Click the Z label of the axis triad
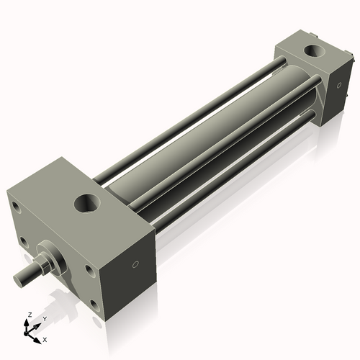(28, 315)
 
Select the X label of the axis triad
(45, 338)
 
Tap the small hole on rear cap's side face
(336, 85)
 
